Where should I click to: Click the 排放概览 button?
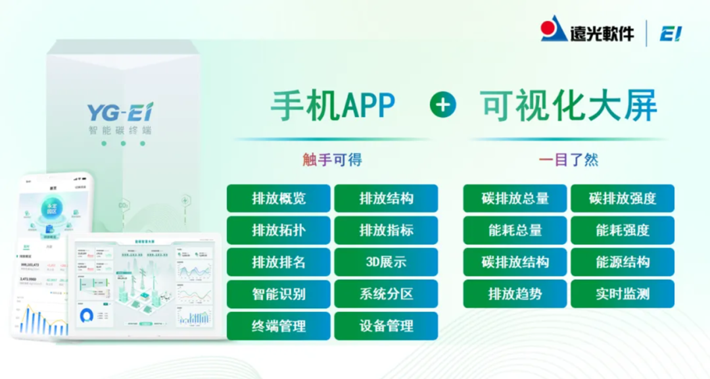[279, 198]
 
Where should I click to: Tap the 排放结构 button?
[386, 198]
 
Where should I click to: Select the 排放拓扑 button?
[279, 230]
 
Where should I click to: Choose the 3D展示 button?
[386, 262]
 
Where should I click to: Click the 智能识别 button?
[279, 294]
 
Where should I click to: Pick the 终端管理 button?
[279, 326]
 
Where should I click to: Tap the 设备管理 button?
[386, 326]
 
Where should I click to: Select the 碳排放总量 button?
[515, 198]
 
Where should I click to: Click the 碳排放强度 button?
[622, 198]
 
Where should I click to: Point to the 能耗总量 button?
[515, 230]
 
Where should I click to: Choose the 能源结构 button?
[622, 262]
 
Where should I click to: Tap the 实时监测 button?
[622, 294]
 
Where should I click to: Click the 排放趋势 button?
[515, 294]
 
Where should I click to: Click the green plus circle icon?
[443, 105]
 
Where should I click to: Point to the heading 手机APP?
[333, 105]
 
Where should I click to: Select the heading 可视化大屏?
[569, 105]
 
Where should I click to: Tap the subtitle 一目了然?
[569, 160]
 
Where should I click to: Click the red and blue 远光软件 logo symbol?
[554, 30]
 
